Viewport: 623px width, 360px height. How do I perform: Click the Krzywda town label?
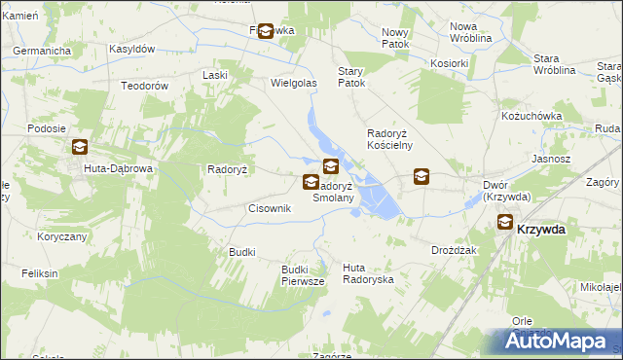coord(542,229)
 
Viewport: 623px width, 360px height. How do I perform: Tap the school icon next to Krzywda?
coord(506,222)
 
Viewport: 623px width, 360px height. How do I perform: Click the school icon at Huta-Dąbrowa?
coord(79,148)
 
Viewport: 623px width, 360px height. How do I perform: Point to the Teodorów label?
coord(145,86)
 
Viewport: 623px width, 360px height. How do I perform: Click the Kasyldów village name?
coord(132,49)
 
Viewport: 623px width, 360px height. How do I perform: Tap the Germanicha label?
coord(43,51)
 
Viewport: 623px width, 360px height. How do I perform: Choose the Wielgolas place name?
coord(294,84)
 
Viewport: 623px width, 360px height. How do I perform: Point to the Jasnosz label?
coord(551,159)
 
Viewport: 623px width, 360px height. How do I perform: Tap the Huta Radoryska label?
coord(368,272)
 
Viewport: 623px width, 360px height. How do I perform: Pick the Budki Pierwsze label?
coord(302,274)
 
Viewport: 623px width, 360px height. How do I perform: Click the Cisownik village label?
coord(271,208)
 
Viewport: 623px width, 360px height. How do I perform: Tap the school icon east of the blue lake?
coord(421,176)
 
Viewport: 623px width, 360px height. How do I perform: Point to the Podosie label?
coord(47,128)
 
